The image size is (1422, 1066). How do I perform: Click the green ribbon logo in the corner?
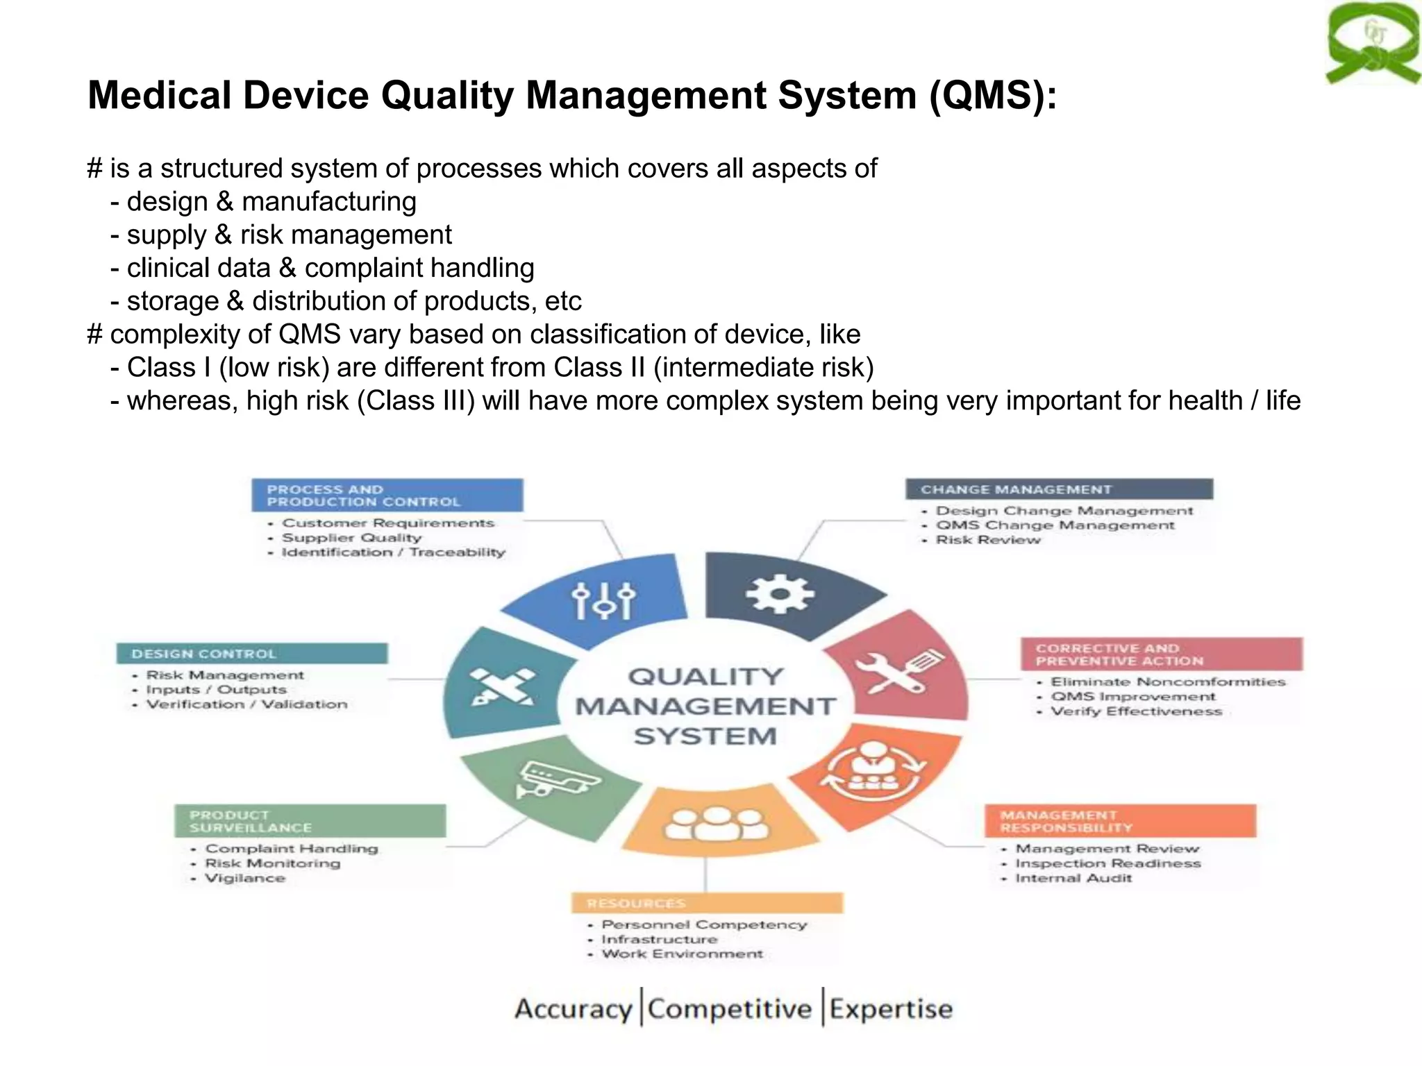coord(1372,43)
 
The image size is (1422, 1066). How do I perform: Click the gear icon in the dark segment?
coord(780,594)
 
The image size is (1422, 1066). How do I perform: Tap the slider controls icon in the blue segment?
coord(603,600)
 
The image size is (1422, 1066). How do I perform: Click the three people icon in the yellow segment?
coord(717,824)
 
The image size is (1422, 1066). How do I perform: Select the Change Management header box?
coord(1059,489)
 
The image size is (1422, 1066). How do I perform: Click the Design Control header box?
coord(252,654)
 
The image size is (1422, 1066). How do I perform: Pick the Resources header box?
coord(707,903)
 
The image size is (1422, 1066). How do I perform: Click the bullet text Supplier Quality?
coord(351,538)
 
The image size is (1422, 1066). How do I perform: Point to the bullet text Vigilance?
coord(245,879)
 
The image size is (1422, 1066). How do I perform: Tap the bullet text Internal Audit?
coord(1073,879)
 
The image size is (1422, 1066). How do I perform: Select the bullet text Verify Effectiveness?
coord(1136,711)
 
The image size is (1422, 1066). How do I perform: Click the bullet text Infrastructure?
coord(659,940)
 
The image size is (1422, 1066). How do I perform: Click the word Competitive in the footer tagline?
coord(729,1009)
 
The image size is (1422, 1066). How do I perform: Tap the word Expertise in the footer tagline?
coord(891,1009)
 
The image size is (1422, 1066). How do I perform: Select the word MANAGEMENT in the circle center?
coord(705,707)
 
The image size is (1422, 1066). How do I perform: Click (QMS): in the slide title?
coord(993,95)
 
